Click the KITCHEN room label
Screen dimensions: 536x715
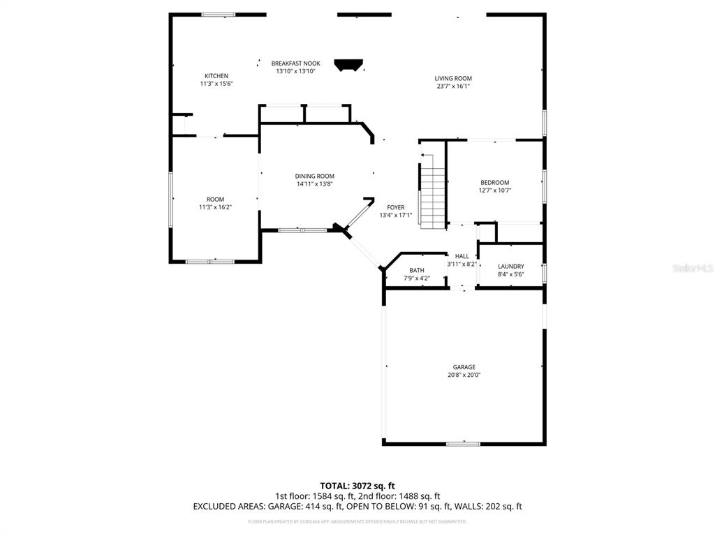tap(216, 76)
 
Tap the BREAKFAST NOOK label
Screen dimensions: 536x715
tap(295, 64)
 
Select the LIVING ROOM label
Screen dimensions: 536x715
tap(453, 79)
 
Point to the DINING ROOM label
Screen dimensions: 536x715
tap(314, 177)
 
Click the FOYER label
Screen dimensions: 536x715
tap(395, 208)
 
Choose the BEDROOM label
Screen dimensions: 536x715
tap(494, 183)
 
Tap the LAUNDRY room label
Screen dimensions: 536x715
tap(510, 267)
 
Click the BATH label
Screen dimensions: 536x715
tap(417, 271)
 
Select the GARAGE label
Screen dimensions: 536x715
tap(464, 367)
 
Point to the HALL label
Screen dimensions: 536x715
tap(462, 256)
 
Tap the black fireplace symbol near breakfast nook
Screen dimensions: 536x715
tap(350, 66)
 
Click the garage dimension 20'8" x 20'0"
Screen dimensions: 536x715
tap(464, 375)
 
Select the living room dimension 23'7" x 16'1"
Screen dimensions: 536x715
tap(453, 87)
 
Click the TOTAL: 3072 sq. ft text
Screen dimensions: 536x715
tap(357, 485)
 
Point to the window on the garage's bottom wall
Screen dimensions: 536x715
tap(463, 443)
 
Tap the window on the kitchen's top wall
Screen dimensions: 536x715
tap(218, 14)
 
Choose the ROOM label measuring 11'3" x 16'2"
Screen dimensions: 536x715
tap(215, 200)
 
